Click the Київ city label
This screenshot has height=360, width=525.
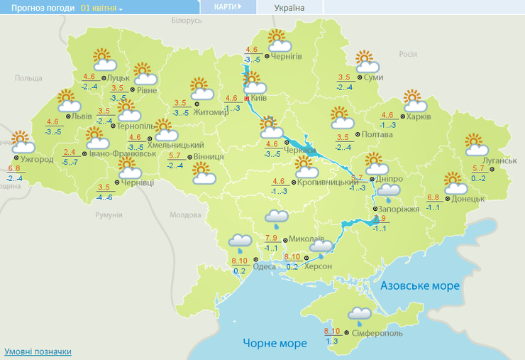(x=258, y=98)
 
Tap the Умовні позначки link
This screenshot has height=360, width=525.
(x=38, y=351)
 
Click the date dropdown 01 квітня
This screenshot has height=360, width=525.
(x=101, y=8)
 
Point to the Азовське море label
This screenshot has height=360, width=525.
(x=420, y=285)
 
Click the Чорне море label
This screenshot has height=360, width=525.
(x=275, y=343)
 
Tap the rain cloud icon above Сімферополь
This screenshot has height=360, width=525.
(x=360, y=314)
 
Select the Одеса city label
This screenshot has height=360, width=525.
(x=264, y=266)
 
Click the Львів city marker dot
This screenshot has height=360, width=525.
(x=68, y=116)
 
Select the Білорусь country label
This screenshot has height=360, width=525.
(x=187, y=21)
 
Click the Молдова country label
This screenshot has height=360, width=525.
(x=185, y=214)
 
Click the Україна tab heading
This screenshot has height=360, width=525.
(x=289, y=8)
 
